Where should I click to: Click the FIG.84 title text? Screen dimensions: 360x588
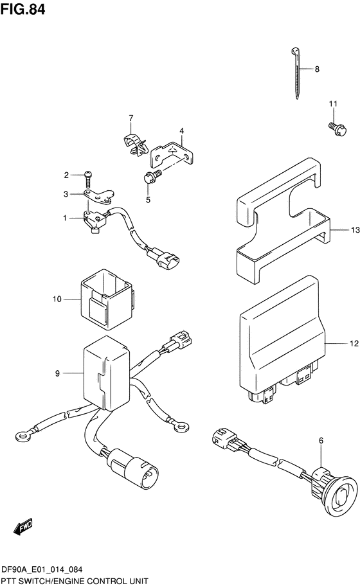click(x=23, y=8)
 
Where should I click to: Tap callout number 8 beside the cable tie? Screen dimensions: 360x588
click(x=317, y=69)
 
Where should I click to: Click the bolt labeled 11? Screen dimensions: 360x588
click(x=337, y=129)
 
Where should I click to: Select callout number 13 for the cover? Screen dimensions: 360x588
click(x=355, y=230)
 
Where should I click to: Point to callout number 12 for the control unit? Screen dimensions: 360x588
click(x=354, y=343)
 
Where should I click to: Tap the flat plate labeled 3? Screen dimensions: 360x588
click(x=98, y=196)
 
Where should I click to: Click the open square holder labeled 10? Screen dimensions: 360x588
click(x=106, y=299)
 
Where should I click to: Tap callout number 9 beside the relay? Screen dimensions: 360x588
click(x=57, y=373)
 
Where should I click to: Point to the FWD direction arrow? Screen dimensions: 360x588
click(x=22, y=527)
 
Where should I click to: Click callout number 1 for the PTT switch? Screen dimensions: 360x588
click(x=65, y=218)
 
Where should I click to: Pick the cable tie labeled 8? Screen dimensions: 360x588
click(x=296, y=73)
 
